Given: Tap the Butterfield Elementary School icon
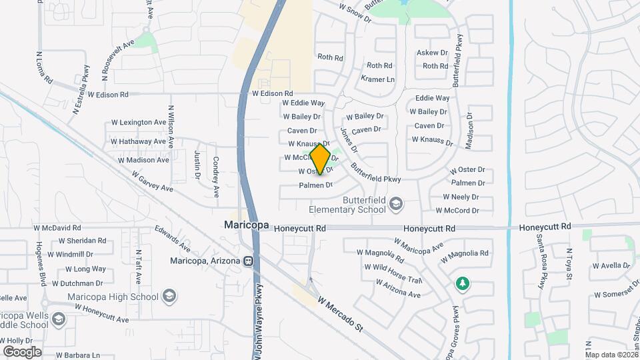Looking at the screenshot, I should (x=396, y=203).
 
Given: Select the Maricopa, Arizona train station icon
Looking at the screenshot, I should (x=248, y=261).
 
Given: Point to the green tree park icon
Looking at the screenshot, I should (x=462, y=284).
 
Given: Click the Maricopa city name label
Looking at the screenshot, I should (x=246, y=225).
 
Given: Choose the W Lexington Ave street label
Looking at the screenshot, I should (x=138, y=123).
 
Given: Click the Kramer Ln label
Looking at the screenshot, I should (x=377, y=79).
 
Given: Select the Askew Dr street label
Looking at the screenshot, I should (x=432, y=53).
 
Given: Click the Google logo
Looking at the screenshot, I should (x=22, y=351).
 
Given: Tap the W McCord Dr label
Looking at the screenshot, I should (x=457, y=211).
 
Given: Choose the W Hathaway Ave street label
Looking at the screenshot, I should (x=138, y=141).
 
